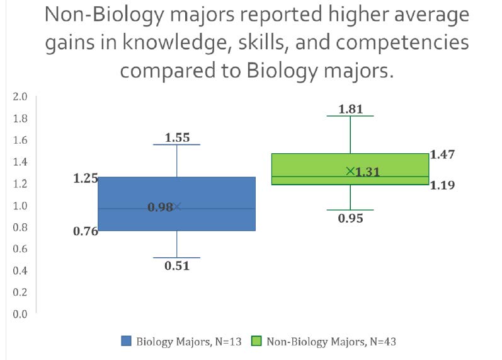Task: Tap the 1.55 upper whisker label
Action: click(x=177, y=137)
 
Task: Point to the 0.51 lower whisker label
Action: click(x=177, y=265)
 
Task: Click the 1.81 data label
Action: click(x=351, y=109)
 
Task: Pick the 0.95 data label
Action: click(x=351, y=218)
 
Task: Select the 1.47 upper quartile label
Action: click(x=442, y=154)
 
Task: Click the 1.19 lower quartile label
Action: click(x=442, y=185)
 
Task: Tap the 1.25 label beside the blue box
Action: click(x=86, y=178)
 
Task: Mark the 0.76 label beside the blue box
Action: click(x=86, y=231)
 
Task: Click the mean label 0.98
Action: click(x=160, y=207)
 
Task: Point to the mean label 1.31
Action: click(x=368, y=171)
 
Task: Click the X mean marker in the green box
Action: click(x=350, y=171)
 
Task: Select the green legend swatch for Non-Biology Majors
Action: click(x=256, y=341)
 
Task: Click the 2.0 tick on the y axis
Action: click(x=20, y=96)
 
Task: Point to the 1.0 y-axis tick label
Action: click(x=20, y=205)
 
